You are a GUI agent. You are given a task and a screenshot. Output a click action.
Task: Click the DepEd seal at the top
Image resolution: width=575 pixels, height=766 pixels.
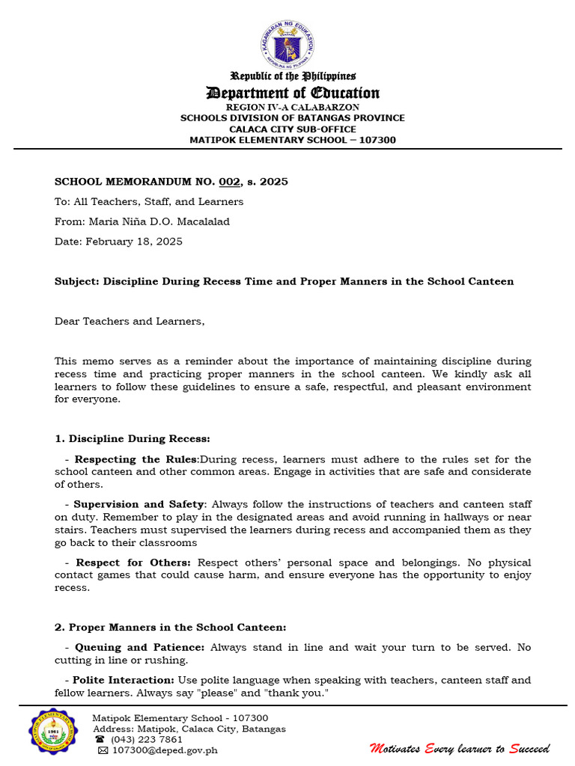click(x=287, y=43)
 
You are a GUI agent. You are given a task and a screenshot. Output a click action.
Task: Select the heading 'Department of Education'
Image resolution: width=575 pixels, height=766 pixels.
click(x=293, y=93)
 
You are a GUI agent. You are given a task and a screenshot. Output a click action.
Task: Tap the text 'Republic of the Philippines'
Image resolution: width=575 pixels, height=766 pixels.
click(x=293, y=76)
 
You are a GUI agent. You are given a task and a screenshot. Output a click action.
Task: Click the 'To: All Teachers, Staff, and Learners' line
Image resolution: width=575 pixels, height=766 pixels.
click(x=149, y=201)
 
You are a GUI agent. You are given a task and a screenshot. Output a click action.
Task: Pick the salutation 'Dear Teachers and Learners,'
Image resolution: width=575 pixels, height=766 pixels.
click(x=129, y=321)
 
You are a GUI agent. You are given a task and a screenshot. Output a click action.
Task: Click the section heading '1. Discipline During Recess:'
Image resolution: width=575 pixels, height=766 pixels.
click(x=133, y=438)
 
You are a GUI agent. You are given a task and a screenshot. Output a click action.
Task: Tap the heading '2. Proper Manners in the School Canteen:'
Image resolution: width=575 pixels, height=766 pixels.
click(x=171, y=627)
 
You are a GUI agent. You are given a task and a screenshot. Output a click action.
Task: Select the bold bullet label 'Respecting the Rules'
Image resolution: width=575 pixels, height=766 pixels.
click(x=136, y=459)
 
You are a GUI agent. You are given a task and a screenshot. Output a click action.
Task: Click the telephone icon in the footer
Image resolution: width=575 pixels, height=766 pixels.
click(x=100, y=739)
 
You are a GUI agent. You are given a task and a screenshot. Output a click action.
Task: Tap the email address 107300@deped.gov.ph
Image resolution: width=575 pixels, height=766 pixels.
click(x=164, y=750)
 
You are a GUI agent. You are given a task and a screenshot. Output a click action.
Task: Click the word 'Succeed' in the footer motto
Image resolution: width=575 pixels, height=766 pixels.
click(x=529, y=748)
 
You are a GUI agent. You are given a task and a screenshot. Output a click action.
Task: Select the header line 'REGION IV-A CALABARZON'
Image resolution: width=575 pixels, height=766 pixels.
click(x=293, y=107)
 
